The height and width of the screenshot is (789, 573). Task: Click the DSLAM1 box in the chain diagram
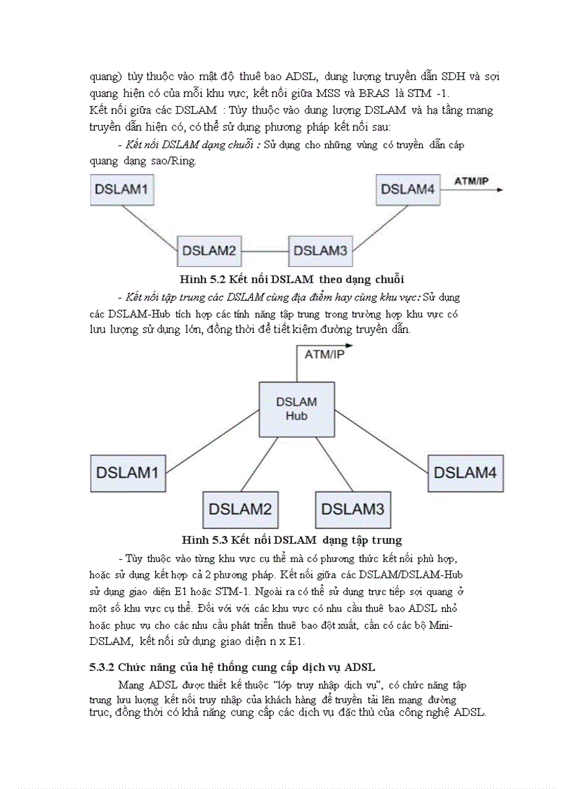pos(122,190)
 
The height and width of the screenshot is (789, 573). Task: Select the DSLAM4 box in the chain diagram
pos(408,190)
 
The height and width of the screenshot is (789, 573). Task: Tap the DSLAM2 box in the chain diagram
pos(208,251)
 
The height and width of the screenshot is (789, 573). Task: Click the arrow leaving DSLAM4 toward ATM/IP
pos(470,190)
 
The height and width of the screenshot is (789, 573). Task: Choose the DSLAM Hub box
pos(296,409)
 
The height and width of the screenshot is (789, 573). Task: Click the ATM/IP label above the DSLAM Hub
pos(324,355)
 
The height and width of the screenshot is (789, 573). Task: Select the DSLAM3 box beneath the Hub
pos(353,509)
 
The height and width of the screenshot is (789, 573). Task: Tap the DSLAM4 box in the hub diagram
pos(465,473)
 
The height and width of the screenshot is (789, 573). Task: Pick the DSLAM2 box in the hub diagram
pos(239,509)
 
